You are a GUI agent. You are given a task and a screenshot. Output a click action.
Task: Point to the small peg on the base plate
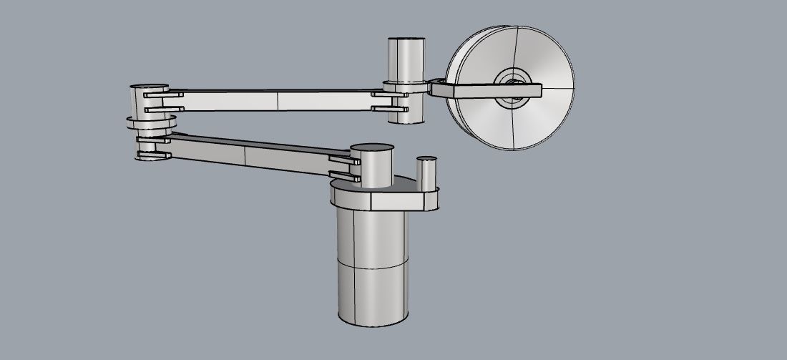pos(427,172)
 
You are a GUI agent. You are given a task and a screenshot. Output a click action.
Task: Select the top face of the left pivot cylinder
pos(149,87)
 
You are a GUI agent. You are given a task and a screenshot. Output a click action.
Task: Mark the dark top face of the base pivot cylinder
pos(373,148)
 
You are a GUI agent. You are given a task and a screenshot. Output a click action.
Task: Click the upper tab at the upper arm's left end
pos(163,94)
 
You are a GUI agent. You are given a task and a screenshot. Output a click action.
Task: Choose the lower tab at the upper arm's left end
pos(162,109)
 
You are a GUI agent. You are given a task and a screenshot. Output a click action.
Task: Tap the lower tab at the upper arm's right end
pos(390,110)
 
